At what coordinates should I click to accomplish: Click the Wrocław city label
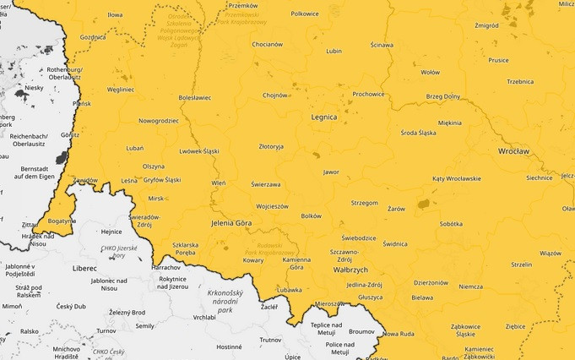coord(513,151)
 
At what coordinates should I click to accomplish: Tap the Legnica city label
coord(323,117)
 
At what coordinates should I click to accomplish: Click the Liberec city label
coord(84,268)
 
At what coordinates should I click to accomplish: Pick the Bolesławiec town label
coord(195,97)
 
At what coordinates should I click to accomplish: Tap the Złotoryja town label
coord(271,146)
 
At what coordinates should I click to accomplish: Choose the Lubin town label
coord(334,51)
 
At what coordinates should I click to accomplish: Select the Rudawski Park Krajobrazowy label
coord(268,248)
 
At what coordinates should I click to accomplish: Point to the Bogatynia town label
coord(62,221)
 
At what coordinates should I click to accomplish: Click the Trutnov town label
coord(270,340)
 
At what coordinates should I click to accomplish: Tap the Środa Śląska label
coord(418,132)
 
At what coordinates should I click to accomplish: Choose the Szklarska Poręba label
coord(185,248)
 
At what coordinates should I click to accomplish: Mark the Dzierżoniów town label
coord(431,282)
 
